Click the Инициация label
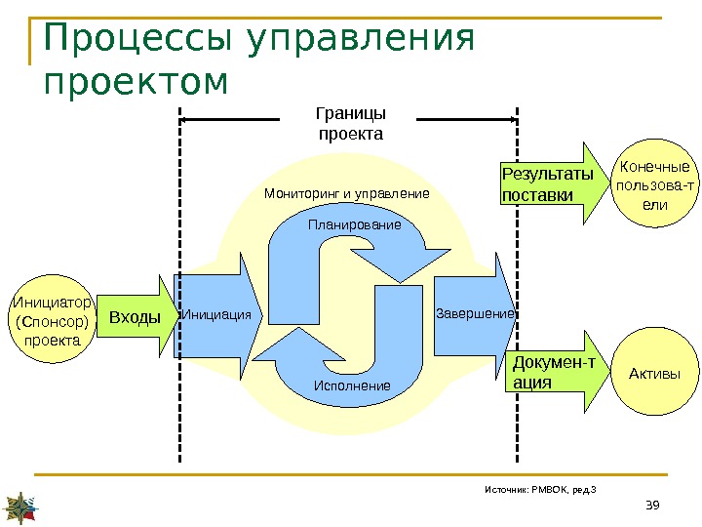(216, 315)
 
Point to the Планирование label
(354, 225)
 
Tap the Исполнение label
(352, 386)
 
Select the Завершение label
(475, 314)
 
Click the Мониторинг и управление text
(346, 194)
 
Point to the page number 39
(653, 504)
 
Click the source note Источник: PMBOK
(539, 488)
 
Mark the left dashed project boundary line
(179, 293)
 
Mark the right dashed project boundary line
(516, 293)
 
